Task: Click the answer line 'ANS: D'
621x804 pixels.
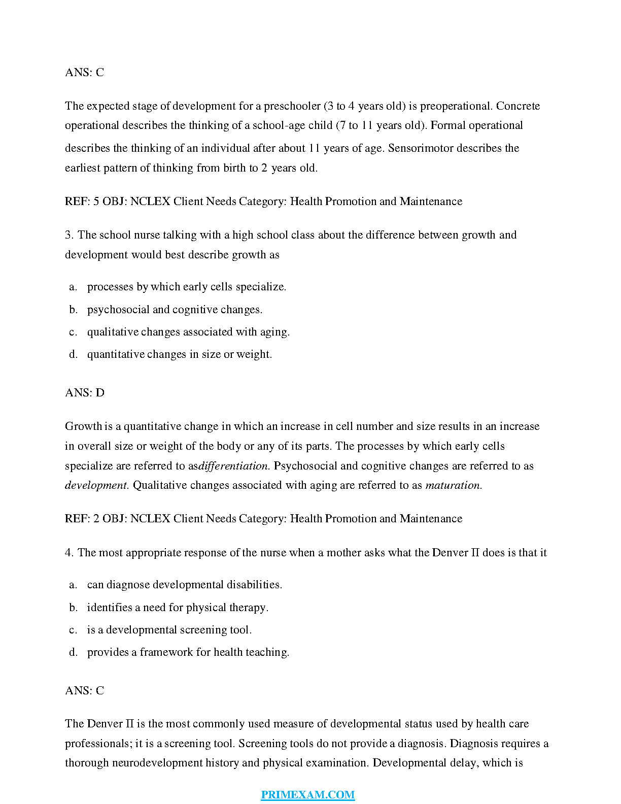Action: (85, 393)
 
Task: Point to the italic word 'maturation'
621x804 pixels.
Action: (453, 485)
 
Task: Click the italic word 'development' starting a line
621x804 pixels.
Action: (96, 485)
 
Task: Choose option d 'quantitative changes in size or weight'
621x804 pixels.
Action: (179, 354)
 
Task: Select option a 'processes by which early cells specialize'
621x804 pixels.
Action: (186, 287)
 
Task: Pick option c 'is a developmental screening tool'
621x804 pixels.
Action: (169, 630)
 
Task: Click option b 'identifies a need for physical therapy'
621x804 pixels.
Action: (178, 608)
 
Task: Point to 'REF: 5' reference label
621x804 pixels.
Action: (82, 202)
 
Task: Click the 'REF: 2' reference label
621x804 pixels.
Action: (82, 519)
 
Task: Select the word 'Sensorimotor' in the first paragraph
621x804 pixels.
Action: (421, 148)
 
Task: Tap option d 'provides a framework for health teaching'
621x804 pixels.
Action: (188, 652)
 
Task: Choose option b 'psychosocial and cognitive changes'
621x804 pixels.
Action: (175, 310)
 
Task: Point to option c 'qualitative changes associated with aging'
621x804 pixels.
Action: (188, 332)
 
